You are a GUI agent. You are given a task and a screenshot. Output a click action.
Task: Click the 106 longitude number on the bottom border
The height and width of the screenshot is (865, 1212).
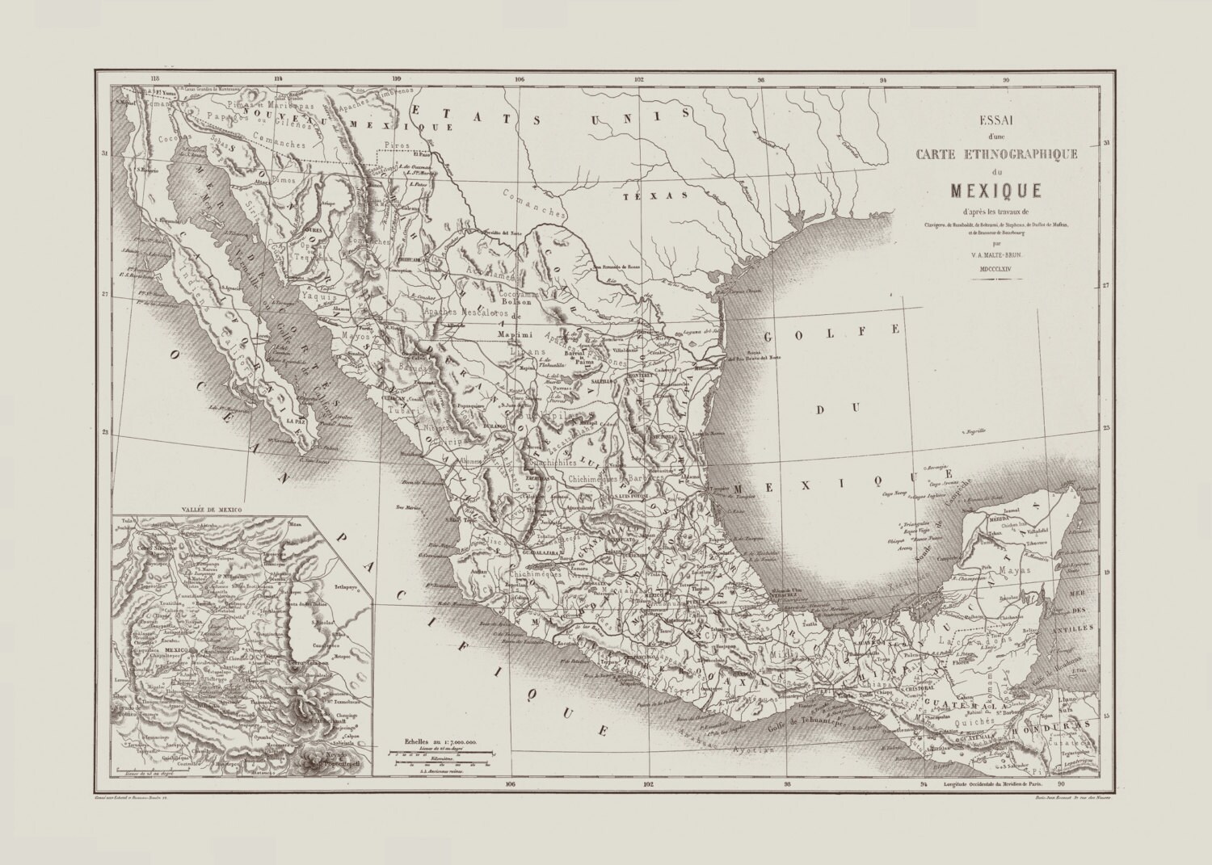pos(509,783)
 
